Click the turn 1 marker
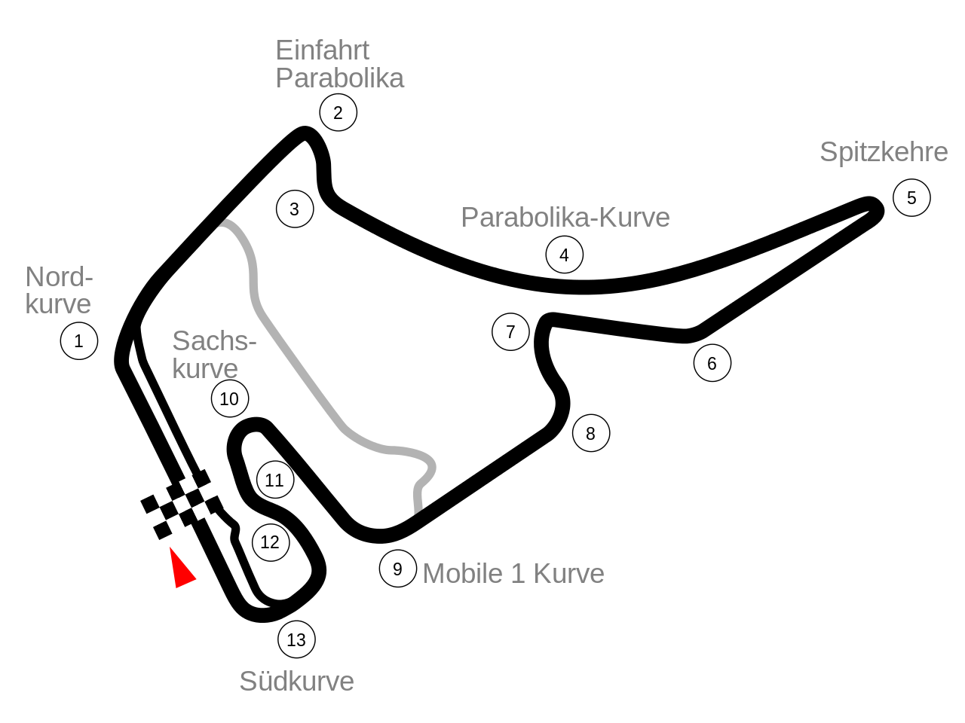(79, 341)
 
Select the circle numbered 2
(339, 113)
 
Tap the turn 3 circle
(295, 209)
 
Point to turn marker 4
(565, 255)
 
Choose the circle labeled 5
(911, 198)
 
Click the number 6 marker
(712, 363)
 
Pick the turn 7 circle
(510, 332)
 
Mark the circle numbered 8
(591, 433)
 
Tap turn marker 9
(398, 569)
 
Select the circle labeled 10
(230, 398)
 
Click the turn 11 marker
(275, 480)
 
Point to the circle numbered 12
(271, 542)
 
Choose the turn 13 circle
(296, 639)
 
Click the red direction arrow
(180, 570)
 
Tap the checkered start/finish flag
(182, 504)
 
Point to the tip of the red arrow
(170, 548)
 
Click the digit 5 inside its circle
(911, 198)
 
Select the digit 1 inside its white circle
(79, 341)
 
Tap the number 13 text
(296, 639)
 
